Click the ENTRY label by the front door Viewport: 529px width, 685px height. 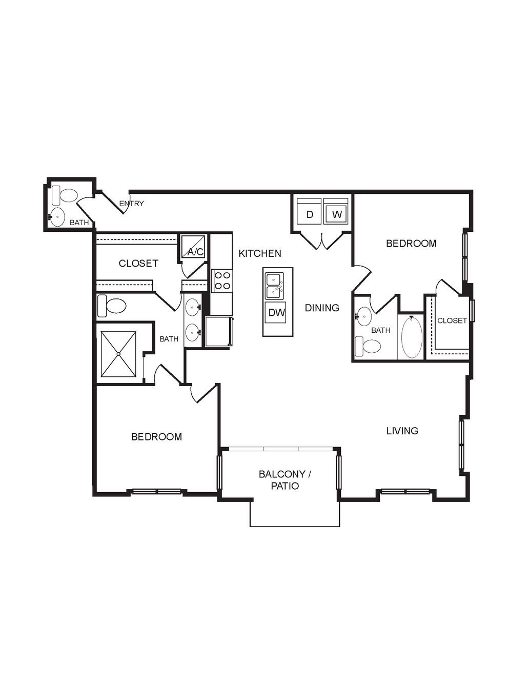click(x=131, y=204)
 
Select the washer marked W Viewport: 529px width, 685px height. click(x=336, y=211)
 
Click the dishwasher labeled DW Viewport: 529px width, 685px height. click(x=276, y=312)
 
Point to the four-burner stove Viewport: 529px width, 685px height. click(x=222, y=280)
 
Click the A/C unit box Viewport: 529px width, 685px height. click(x=193, y=247)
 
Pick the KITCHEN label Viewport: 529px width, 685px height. click(x=260, y=253)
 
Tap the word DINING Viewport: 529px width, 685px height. click(x=322, y=308)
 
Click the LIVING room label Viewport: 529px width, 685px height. click(x=402, y=431)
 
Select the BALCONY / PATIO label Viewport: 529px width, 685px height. click(x=285, y=480)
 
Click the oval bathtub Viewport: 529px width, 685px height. click(x=412, y=337)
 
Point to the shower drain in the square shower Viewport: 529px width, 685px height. click(x=118, y=354)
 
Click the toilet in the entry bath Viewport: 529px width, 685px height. click(x=65, y=195)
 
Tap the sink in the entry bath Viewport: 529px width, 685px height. click(x=57, y=217)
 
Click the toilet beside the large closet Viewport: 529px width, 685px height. click(x=112, y=306)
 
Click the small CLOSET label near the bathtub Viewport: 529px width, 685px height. click(x=452, y=320)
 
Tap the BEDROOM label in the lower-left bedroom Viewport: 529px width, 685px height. click(x=156, y=437)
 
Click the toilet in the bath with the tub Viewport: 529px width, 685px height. click(x=368, y=347)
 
